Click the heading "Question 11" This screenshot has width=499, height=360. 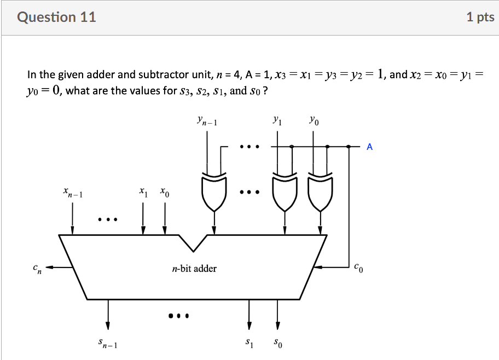[x=56, y=17]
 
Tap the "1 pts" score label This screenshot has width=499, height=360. [x=480, y=18]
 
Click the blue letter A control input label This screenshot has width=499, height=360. [x=370, y=147]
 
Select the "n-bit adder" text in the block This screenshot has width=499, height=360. [x=194, y=269]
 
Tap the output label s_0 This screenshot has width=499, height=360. [x=277, y=344]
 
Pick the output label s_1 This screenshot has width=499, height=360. [x=249, y=344]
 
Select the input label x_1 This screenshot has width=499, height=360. [x=143, y=192]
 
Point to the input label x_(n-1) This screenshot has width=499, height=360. [x=72, y=193]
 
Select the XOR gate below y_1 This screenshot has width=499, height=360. [x=285, y=192]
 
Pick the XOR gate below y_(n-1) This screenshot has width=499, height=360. [x=214, y=192]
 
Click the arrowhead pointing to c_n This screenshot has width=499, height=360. [x=49, y=268]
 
